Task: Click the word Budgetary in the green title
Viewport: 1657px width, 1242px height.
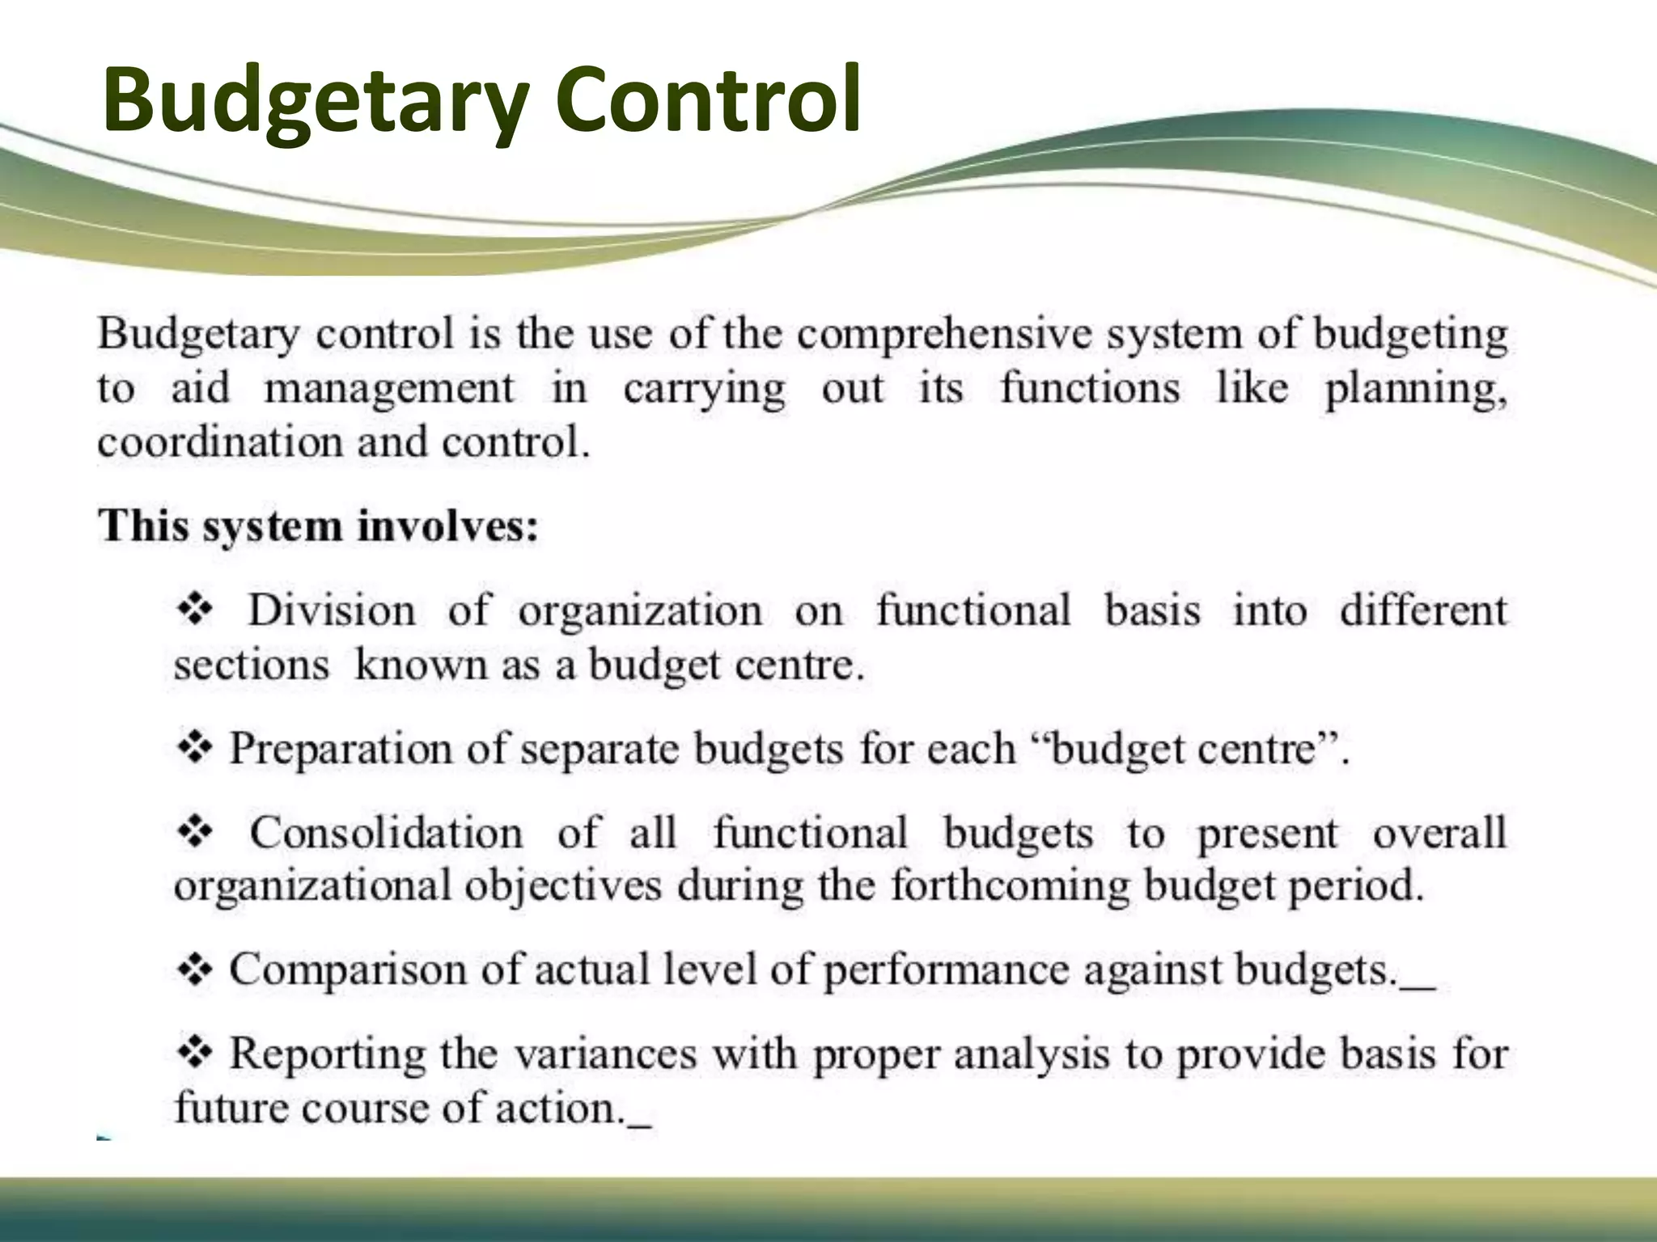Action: click(316, 101)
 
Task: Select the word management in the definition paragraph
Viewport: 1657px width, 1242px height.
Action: click(389, 390)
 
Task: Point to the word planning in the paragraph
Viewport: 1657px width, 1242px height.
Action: click(1415, 390)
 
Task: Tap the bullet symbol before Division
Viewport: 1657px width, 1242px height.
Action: click(194, 609)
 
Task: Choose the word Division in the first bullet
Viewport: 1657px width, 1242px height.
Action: click(331, 610)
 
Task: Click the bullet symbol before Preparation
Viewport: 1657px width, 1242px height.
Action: click(194, 747)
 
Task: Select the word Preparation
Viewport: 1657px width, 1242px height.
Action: click(341, 749)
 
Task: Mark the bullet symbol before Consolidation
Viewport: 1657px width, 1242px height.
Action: click(194, 831)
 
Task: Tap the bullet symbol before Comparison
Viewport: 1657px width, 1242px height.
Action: click(194, 969)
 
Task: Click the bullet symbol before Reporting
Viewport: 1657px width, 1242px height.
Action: click(194, 1052)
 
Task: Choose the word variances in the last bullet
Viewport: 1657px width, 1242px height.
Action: click(605, 1054)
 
